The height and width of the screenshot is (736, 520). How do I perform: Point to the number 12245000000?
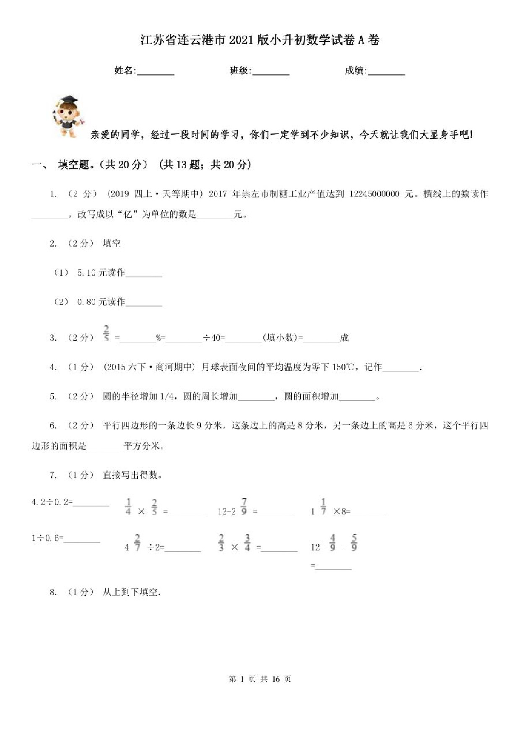pyautogui.click(x=374, y=194)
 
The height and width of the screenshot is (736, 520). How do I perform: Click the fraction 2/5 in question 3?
pyautogui.click(x=106, y=333)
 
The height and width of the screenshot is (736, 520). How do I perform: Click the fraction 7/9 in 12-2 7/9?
pyautogui.click(x=244, y=506)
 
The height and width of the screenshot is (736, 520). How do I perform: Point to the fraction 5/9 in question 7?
pyautogui.click(x=354, y=543)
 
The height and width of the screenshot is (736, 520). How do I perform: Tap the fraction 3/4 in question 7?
pyautogui.click(x=247, y=543)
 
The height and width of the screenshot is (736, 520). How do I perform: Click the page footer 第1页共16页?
pyautogui.click(x=260, y=679)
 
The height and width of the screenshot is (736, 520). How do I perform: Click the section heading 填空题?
pyautogui.click(x=74, y=165)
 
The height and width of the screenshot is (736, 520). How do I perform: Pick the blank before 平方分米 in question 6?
pyautogui.click(x=105, y=446)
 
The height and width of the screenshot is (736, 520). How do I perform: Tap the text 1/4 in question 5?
pyautogui.click(x=168, y=397)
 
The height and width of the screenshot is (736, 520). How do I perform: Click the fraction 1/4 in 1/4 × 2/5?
pyautogui.click(x=128, y=506)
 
